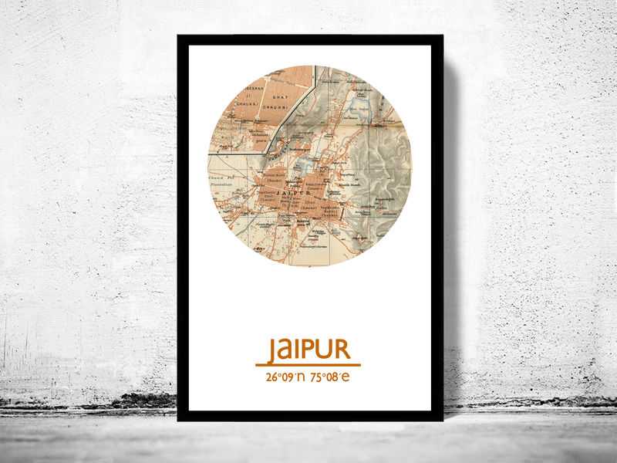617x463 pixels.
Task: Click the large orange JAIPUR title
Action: click(x=308, y=349)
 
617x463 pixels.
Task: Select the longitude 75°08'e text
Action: click(x=330, y=377)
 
